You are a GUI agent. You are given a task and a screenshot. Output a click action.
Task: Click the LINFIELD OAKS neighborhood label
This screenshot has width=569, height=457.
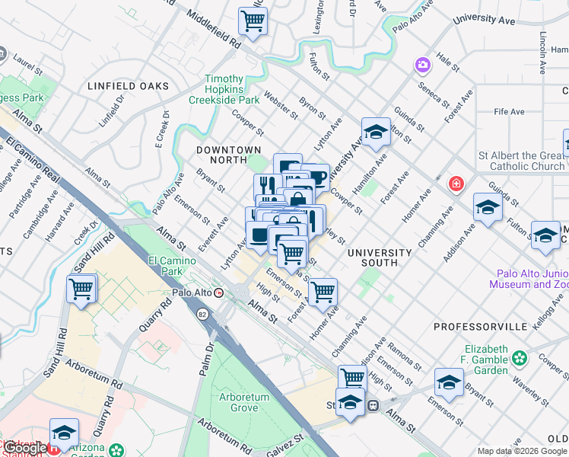pyautogui.click(x=128, y=86)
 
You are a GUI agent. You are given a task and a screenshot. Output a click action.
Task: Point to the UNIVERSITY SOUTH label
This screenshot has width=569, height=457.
pyautogui.click(x=380, y=257)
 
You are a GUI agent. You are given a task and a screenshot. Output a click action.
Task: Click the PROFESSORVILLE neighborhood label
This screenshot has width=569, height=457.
pyautogui.click(x=480, y=326)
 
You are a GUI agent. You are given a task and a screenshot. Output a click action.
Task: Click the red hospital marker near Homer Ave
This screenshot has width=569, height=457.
pyautogui.click(x=456, y=184)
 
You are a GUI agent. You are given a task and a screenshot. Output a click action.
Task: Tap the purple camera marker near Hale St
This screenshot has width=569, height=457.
pyautogui.click(x=421, y=66)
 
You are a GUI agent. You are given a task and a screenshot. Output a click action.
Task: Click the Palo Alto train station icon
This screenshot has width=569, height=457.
pyautogui.click(x=220, y=292)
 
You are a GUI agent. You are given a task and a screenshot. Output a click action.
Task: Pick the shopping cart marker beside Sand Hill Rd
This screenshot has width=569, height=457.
pyautogui.click(x=81, y=289)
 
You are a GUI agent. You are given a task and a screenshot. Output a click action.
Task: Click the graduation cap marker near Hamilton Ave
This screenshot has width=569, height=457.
pyautogui.click(x=375, y=133)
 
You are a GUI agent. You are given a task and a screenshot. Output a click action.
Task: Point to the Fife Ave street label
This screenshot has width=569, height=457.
pyautogui.click(x=509, y=112)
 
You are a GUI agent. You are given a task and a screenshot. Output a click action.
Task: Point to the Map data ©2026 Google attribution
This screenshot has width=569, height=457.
pyautogui.click(x=522, y=450)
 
